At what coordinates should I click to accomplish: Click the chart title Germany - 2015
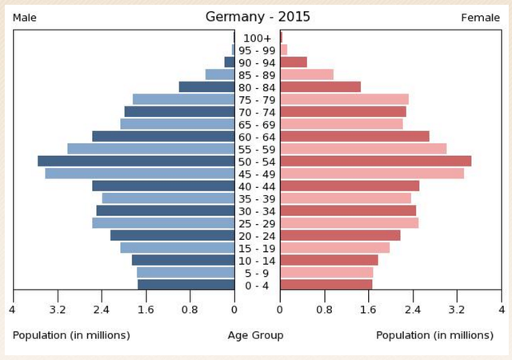[258, 17]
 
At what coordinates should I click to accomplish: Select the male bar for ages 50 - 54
[136, 161]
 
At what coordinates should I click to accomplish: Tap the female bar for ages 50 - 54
[375, 161]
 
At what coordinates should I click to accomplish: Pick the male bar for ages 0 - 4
[186, 285]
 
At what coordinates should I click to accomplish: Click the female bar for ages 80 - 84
[320, 86]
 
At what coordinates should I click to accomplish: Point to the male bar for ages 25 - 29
[163, 222]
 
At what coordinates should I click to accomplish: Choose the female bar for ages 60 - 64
[354, 136]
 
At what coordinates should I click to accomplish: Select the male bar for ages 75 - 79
[183, 99]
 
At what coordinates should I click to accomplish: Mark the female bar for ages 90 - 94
[294, 62]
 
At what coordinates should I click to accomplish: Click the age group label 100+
[258, 38]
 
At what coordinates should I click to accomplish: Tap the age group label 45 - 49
[258, 174]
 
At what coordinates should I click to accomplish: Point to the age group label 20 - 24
[258, 235]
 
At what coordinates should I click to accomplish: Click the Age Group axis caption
[255, 335]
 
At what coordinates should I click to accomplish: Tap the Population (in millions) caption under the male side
[71, 335]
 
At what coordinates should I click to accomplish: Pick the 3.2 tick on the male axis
[57, 310]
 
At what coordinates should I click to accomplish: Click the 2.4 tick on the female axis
[413, 310]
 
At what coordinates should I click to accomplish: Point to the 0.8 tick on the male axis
[190, 310]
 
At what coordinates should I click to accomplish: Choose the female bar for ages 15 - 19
[334, 248]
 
